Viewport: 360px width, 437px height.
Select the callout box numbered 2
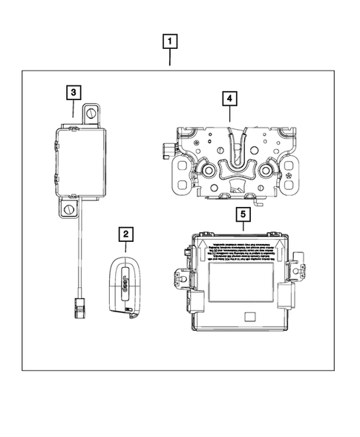tap(127, 235)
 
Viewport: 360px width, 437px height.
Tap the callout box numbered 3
tap(73, 93)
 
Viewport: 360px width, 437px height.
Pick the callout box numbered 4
tap(229, 98)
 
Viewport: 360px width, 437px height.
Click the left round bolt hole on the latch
tap(209, 171)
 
